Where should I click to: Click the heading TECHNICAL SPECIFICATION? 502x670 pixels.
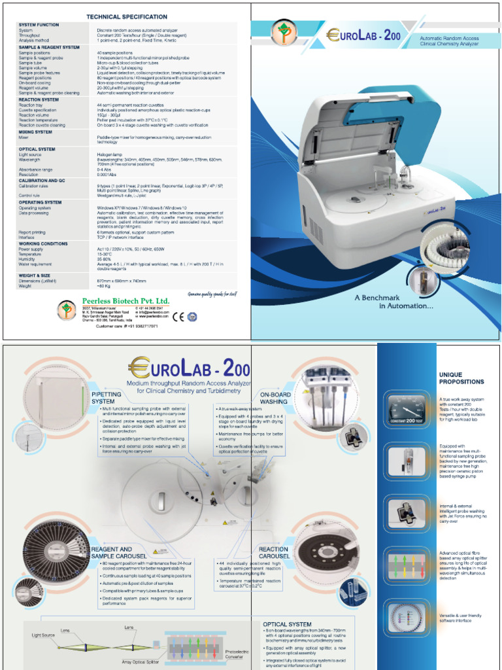coord(127,16)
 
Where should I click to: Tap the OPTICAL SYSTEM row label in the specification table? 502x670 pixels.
coord(37,149)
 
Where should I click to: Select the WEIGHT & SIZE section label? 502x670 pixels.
coord(34,275)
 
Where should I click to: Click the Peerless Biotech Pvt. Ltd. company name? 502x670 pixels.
coord(125,300)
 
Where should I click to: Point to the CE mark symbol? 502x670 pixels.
coord(178,316)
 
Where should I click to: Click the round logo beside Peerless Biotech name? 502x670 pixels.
coord(66,309)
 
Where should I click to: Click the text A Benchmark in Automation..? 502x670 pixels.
coord(393,302)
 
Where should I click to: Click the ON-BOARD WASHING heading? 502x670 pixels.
coord(275,398)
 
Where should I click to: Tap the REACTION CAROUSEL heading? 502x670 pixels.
coord(273,553)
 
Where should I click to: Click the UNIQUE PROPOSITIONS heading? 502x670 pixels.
coord(461,378)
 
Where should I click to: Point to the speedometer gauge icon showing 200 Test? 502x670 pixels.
coord(406,410)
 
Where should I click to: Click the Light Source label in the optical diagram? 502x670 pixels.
coord(45,635)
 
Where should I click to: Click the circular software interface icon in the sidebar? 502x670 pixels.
coord(406,617)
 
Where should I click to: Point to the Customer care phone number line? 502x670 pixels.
coord(127,325)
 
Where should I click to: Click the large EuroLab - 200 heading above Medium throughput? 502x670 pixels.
coord(190,367)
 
